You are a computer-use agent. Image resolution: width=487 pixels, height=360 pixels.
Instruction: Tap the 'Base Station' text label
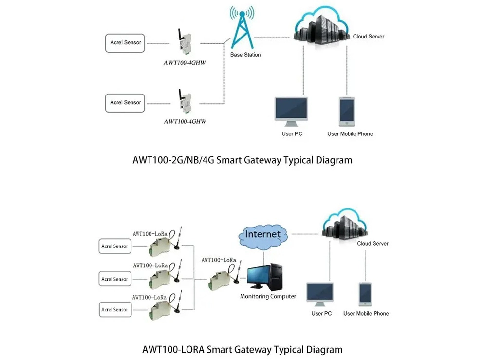[x=245, y=55]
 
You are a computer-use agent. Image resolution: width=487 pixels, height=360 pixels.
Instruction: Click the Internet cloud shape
[x=263, y=235]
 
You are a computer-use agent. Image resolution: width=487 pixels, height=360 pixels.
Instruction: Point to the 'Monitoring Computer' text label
[x=268, y=296]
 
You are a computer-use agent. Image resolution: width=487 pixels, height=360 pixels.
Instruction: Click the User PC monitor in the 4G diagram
[x=291, y=111]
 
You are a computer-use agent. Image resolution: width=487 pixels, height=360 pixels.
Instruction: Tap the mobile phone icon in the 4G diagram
[x=347, y=111]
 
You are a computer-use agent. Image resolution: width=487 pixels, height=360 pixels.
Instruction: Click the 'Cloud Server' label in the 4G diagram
[x=369, y=37]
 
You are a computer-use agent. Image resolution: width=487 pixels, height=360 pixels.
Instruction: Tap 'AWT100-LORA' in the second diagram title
[x=173, y=349]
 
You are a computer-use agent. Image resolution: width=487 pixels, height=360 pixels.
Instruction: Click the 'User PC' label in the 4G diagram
[x=292, y=134]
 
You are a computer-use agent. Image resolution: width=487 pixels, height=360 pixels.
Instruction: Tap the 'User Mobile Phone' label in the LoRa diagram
[x=366, y=314]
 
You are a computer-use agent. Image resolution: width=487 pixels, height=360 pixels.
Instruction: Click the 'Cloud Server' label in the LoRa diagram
[x=373, y=243]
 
